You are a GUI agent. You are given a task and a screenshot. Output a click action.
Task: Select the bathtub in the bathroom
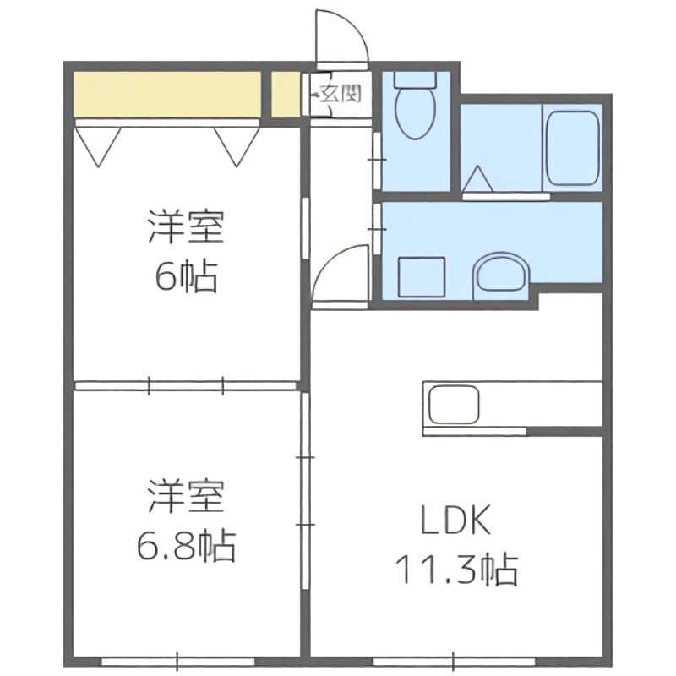pyautogui.click(x=573, y=148)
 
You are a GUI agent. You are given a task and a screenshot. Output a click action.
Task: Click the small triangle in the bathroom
pyautogui.click(x=478, y=179)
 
